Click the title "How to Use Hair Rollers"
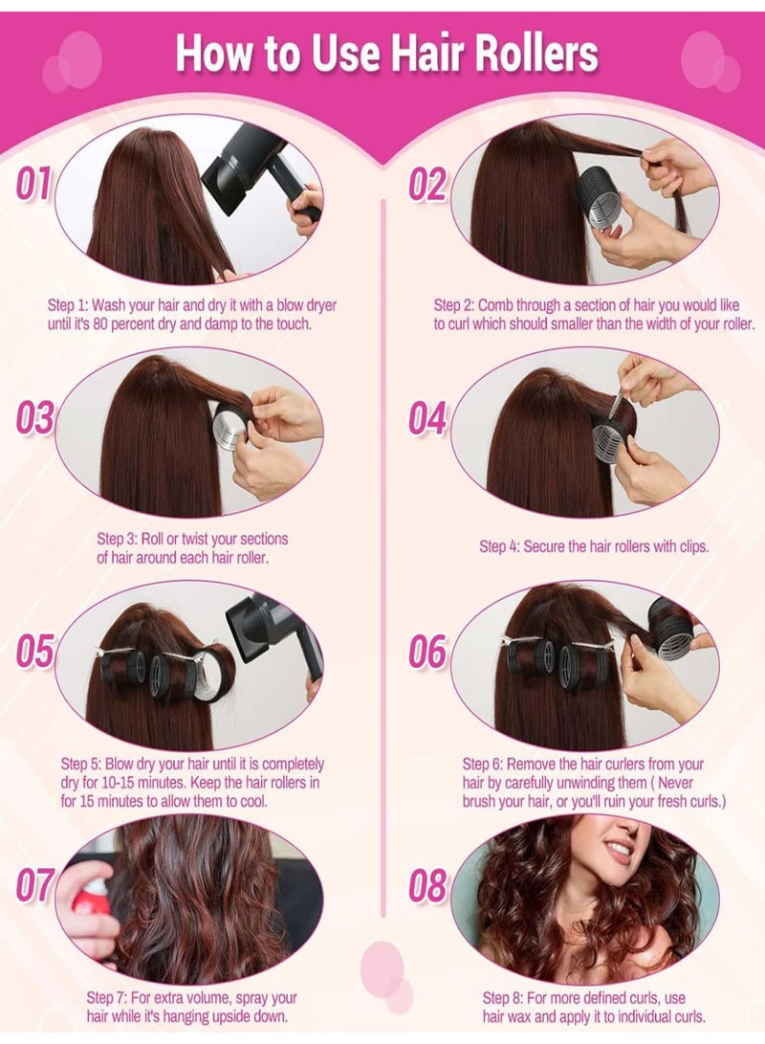[x=386, y=54]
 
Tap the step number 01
[x=33, y=184]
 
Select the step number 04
[x=427, y=418]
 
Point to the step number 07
[x=34, y=885]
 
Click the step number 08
[x=427, y=885]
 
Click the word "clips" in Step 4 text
[x=688, y=547]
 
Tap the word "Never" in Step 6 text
[x=703, y=782]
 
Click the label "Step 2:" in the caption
[x=454, y=305]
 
